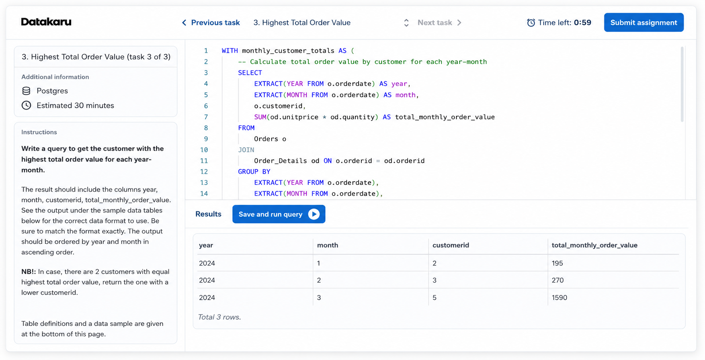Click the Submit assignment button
coord(644,22)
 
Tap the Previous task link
coord(211,22)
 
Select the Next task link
coord(439,22)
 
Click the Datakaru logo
coord(46,22)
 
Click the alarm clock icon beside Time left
coord(531,22)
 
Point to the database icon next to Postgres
coord(26,91)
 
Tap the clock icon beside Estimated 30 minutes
coord(26,105)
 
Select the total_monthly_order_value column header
coord(594,245)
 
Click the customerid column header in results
coord(451,245)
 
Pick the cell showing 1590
coord(559,298)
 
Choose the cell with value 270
coord(558,280)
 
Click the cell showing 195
coord(557,263)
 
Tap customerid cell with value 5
coord(434,298)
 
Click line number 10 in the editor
coord(204,150)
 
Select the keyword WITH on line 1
coord(230,51)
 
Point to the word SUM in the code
coord(260,117)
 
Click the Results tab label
coord(208,214)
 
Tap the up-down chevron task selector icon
coord(406,23)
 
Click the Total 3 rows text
coord(219,317)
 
